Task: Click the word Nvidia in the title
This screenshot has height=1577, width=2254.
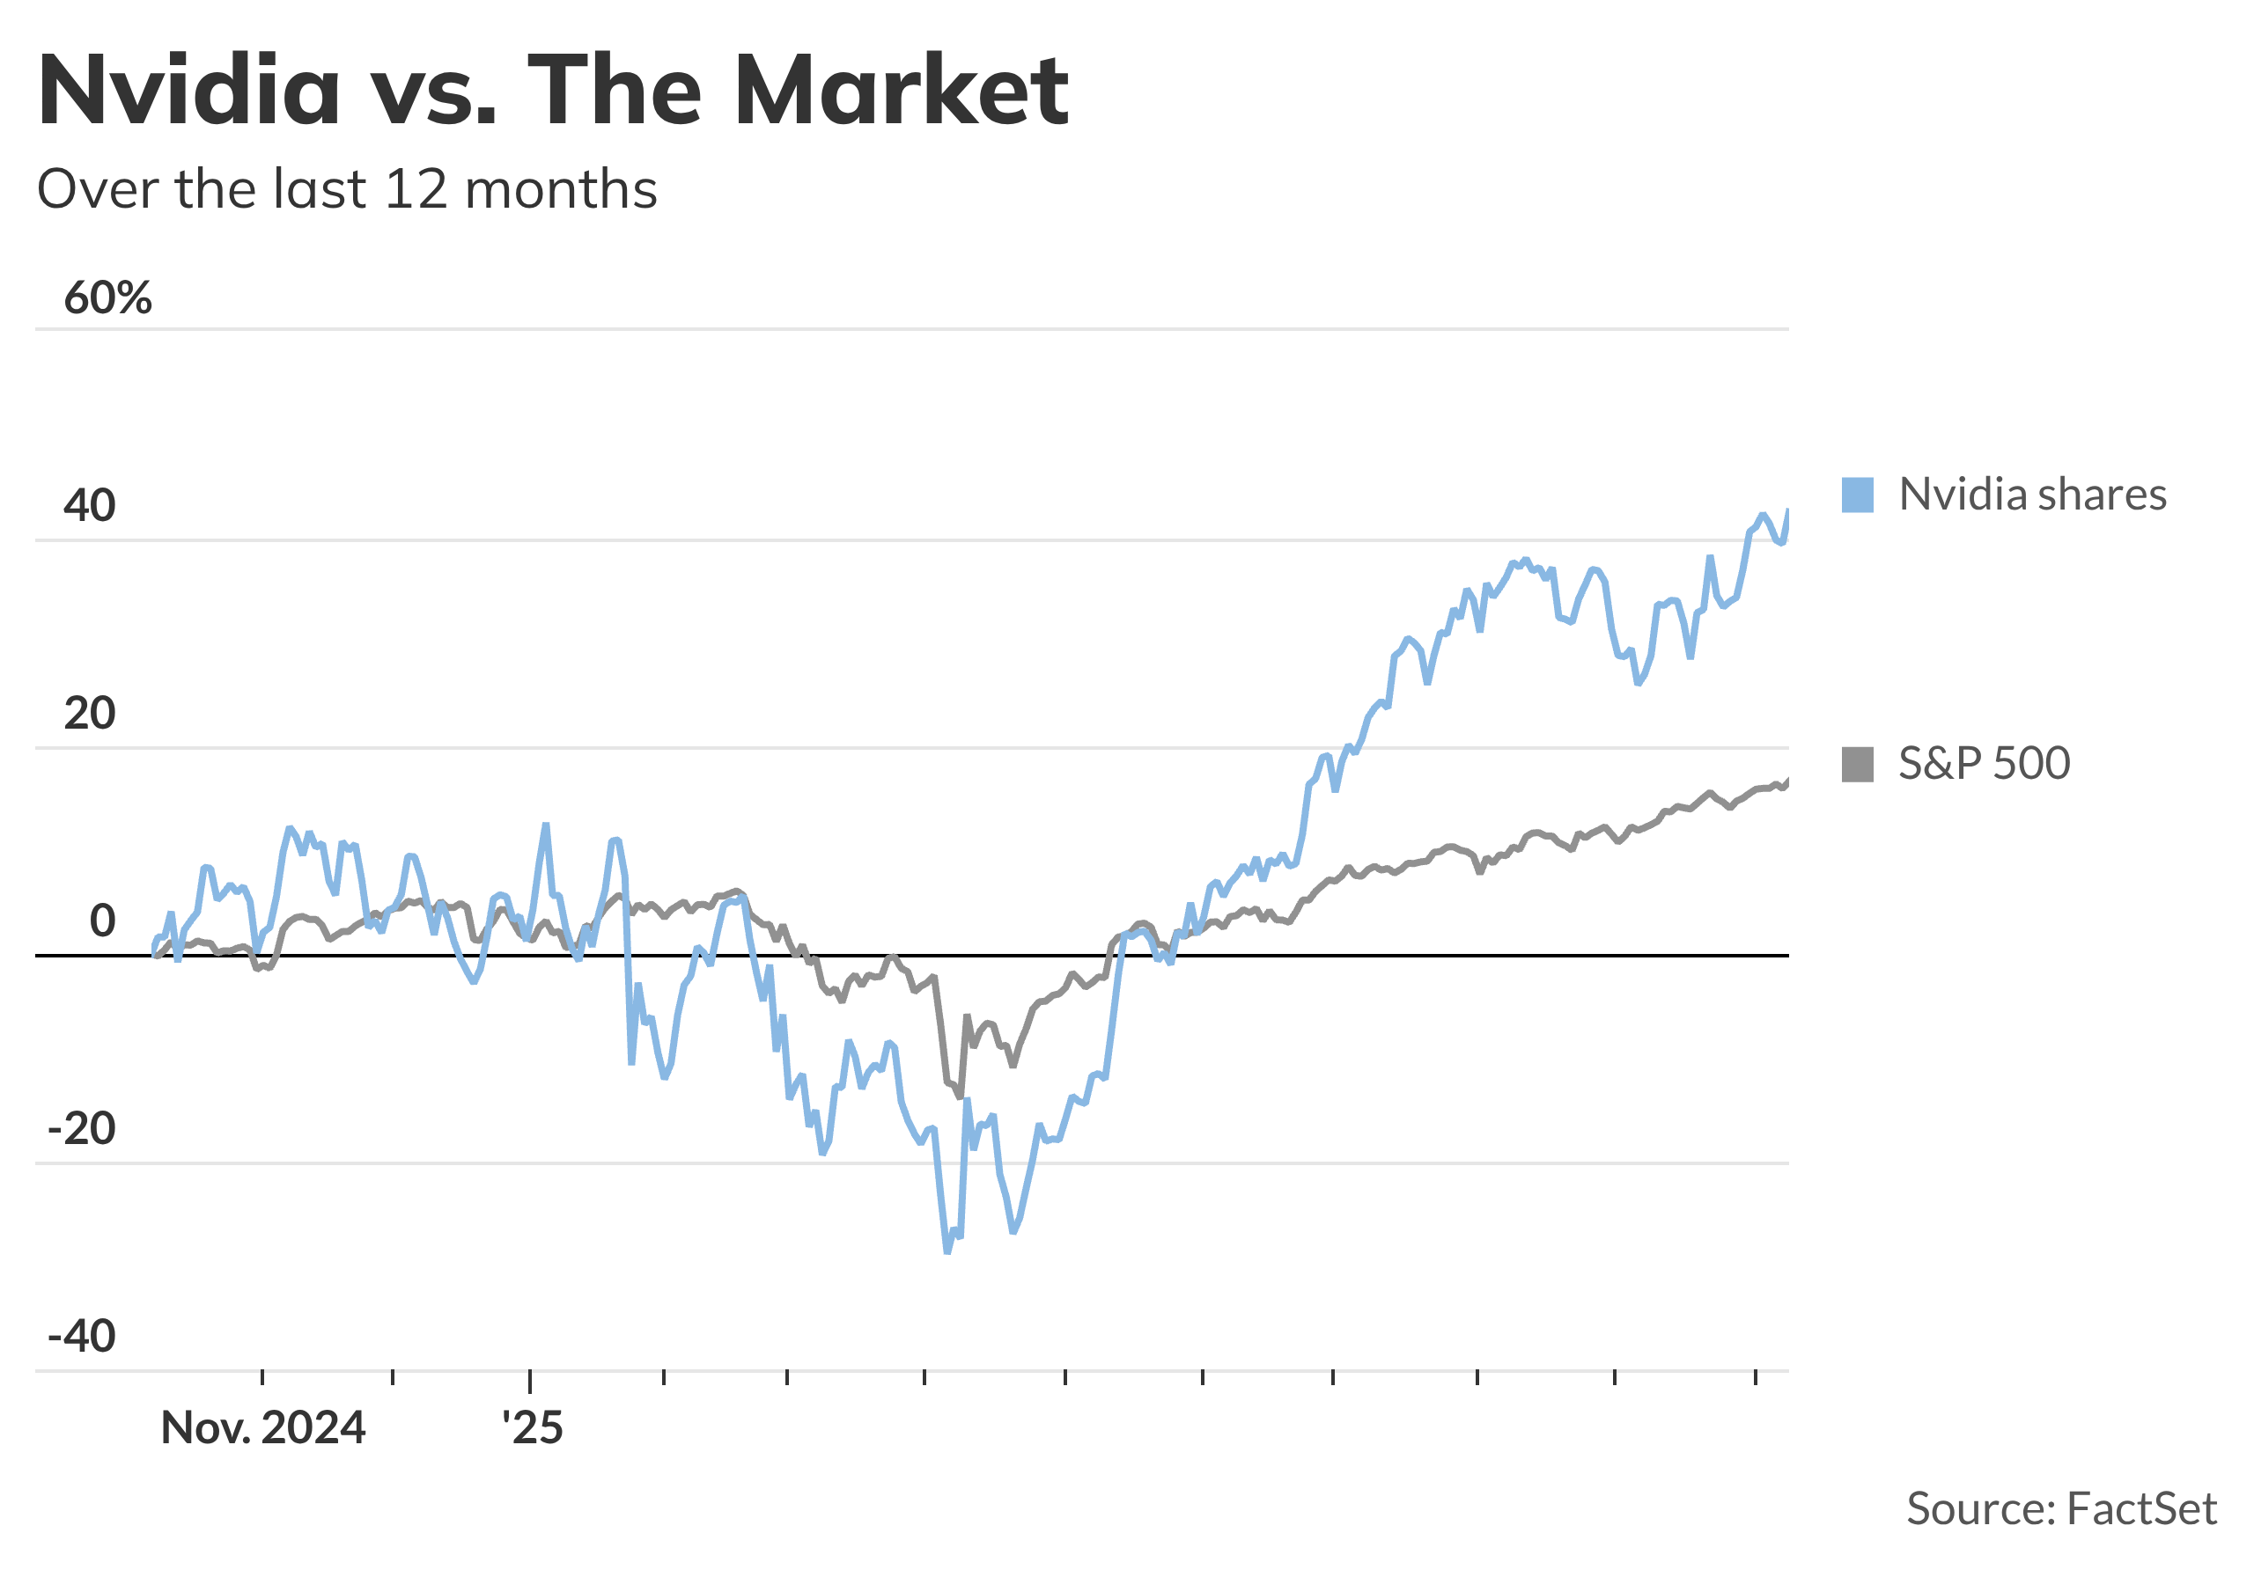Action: [188, 92]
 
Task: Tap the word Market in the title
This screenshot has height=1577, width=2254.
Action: [900, 92]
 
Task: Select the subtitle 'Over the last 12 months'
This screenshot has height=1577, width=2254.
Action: [347, 189]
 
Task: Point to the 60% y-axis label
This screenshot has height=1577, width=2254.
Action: [108, 297]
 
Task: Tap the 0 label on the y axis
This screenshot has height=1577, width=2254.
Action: [102, 921]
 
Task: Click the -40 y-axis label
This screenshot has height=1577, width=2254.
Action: [82, 1337]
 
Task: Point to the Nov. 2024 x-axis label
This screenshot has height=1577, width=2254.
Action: [263, 1429]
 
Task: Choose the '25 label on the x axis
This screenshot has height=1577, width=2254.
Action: [532, 1429]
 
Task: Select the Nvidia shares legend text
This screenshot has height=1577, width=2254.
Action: [2032, 495]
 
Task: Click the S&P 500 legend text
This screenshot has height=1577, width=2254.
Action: [1984, 765]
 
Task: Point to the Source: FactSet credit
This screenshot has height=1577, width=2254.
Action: [2060, 1509]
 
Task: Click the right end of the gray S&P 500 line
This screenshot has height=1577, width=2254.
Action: [1787, 781]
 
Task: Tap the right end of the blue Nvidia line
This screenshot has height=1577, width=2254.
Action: [1787, 511]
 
